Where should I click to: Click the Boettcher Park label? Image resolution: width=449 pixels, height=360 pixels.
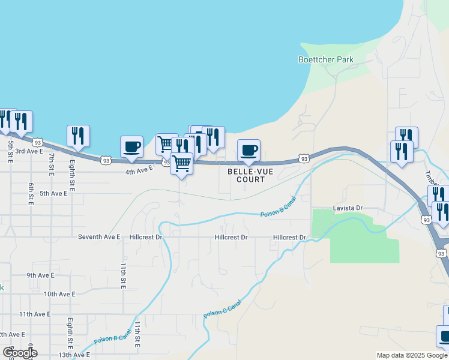point(326,59)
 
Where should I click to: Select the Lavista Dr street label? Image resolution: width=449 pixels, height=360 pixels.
point(348,208)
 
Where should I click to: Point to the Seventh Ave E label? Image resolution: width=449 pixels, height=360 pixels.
point(100,237)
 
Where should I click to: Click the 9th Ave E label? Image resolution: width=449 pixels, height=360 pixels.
point(40,275)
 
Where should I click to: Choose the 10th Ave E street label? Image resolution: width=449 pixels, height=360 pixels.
point(59,294)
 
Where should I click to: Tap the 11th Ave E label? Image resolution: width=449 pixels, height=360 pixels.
point(35,314)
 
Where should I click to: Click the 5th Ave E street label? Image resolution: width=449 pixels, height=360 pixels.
point(53,193)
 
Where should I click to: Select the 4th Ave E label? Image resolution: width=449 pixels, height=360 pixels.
point(139,171)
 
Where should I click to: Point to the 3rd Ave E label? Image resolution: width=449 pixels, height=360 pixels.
point(29,151)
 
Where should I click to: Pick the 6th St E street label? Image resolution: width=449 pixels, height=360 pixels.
point(29,194)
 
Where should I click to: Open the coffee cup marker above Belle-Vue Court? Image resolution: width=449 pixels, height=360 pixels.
point(249,150)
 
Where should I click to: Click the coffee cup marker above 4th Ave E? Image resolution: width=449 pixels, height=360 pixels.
point(131,146)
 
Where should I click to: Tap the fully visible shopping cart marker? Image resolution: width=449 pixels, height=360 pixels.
point(181,163)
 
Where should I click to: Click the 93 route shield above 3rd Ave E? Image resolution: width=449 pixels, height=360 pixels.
point(38,142)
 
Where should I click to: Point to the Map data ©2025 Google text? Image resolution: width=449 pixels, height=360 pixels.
point(412,355)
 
